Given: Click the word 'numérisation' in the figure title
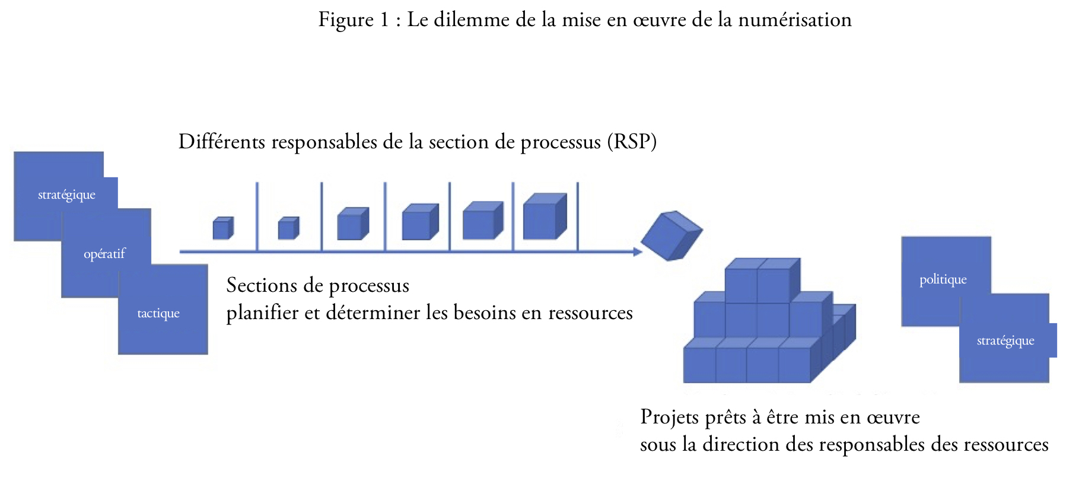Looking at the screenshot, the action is (x=794, y=20).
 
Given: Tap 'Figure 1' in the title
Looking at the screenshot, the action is (x=354, y=21).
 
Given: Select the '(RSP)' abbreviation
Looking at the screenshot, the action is (x=632, y=142).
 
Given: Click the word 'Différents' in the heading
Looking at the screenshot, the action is (x=222, y=142).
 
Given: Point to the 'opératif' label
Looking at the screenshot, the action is (x=104, y=254).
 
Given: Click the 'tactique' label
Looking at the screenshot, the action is (x=158, y=313).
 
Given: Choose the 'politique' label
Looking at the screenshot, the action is (x=943, y=279).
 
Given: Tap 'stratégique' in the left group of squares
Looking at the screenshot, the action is (x=66, y=195).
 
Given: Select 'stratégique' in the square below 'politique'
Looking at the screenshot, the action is (x=1005, y=340).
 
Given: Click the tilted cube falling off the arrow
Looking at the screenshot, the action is (x=671, y=235).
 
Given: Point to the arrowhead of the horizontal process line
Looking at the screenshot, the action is (x=638, y=252).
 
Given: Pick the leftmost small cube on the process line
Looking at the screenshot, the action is (x=223, y=228).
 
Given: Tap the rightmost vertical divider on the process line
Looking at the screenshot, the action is (x=577, y=216).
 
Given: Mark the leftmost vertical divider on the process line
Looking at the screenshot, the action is (x=257, y=216).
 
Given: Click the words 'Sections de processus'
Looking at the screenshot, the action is (x=318, y=285).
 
